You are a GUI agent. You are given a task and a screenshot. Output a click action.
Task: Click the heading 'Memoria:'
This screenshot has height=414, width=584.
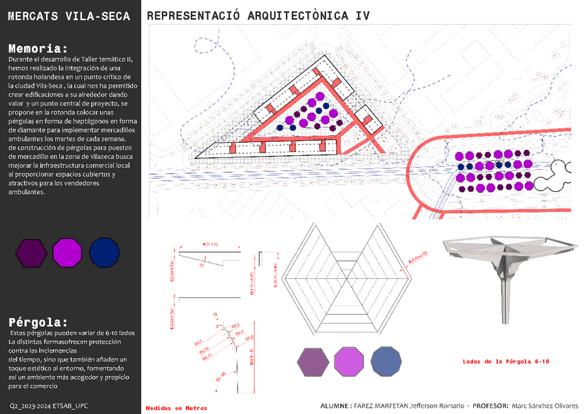point(38,48)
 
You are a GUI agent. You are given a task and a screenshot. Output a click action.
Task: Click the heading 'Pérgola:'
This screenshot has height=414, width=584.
point(39,322)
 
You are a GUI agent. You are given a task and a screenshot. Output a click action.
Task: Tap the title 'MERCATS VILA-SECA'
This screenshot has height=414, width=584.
point(68,16)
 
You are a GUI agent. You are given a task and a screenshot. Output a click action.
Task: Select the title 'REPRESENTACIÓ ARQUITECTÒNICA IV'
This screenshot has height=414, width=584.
point(258,16)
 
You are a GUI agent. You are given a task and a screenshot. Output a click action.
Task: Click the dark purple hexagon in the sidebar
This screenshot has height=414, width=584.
point(31,253)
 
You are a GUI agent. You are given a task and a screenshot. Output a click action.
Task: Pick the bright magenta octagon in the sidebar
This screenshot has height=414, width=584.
point(67,253)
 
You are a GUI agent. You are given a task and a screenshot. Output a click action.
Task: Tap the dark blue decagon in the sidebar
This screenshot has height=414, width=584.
point(105,253)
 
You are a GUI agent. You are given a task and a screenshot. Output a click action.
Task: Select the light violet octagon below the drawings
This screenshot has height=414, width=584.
point(348,362)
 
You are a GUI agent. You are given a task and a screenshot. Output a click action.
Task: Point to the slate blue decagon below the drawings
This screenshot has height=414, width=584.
point(386,362)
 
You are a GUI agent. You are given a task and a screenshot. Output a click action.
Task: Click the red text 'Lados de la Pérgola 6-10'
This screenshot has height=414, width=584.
point(505,361)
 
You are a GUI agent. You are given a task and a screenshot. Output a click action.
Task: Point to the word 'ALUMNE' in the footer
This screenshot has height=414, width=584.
point(335,406)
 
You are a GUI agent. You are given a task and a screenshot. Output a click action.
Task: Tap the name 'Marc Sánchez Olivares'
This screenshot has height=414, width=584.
point(544,406)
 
